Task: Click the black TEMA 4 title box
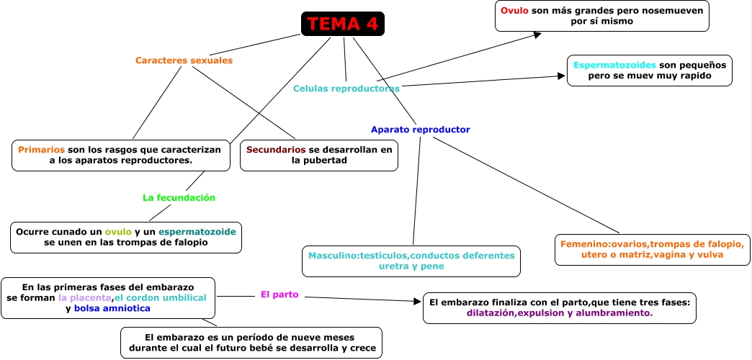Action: point(342,24)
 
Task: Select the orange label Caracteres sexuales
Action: point(184,60)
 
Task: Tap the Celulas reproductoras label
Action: point(346,89)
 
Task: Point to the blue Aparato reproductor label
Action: point(420,130)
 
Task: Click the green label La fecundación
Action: point(179,197)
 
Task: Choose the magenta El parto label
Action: point(279,294)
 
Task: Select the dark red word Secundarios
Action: point(276,150)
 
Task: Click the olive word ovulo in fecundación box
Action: point(118,232)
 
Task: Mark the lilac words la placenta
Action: point(85,297)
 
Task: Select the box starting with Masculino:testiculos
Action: point(411,261)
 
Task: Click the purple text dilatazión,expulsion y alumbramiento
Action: point(559,313)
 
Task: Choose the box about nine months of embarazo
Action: point(251,343)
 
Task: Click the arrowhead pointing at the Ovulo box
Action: point(537,33)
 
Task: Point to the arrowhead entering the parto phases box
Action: point(418,302)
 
